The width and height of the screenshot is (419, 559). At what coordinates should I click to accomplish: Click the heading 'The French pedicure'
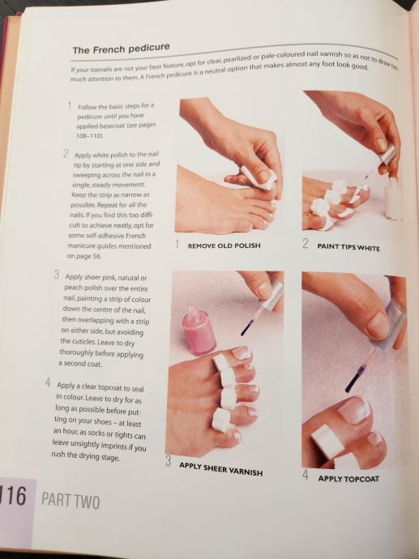click(x=121, y=49)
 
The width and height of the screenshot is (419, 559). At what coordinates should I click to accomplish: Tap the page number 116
click(x=13, y=496)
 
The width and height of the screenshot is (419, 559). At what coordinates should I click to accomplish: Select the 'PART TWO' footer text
click(x=71, y=500)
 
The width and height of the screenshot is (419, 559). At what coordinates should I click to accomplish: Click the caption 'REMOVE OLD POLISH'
click(x=224, y=245)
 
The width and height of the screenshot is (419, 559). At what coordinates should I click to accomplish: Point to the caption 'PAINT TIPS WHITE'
click(x=348, y=247)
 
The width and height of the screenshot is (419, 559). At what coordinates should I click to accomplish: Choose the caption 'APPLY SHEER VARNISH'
click(x=220, y=469)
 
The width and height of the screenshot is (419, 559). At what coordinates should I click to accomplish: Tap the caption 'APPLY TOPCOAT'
click(x=348, y=479)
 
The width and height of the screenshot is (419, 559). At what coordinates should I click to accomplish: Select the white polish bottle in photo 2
click(x=393, y=199)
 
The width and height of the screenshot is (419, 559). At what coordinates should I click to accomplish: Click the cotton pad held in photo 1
click(x=259, y=178)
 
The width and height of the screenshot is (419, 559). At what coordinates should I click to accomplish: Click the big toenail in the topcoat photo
click(x=353, y=410)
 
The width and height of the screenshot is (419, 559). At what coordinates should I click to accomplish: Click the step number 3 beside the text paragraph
click(x=57, y=275)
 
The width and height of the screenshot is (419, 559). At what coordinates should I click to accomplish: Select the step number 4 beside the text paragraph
click(x=48, y=383)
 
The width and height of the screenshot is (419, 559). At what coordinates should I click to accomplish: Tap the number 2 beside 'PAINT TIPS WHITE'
click(x=306, y=244)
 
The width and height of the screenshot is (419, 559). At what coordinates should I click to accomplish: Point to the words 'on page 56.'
click(x=84, y=256)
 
